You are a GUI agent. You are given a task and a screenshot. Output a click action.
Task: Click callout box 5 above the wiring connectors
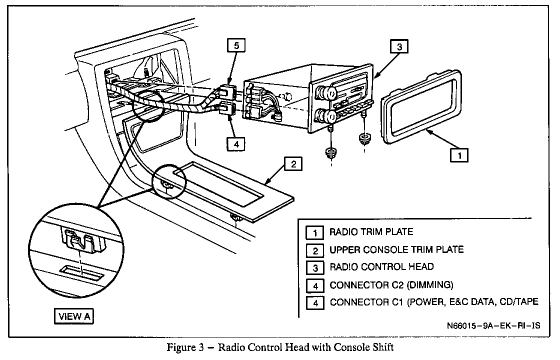point(236,45)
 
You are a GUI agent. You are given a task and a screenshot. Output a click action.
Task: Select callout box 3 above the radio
point(399,47)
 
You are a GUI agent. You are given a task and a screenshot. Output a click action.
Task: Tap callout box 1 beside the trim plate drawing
point(459,155)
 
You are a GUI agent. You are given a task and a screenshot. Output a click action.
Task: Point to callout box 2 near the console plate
point(293,164)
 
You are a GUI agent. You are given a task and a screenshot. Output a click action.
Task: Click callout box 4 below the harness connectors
point(236,144)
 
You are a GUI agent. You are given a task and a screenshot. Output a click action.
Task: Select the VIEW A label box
point(74,316)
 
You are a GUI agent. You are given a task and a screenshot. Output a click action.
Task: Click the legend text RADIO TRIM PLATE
point(371,232)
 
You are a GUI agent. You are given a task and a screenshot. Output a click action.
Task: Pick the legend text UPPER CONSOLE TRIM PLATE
point(396,249)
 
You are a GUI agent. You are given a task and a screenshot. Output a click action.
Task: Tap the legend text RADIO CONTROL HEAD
point(381,267)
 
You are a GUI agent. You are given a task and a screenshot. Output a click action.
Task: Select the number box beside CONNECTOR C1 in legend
point(315,303)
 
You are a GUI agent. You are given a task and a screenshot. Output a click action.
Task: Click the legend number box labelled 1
point(315,233)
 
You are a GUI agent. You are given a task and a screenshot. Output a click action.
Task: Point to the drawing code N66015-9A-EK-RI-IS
point(493,325)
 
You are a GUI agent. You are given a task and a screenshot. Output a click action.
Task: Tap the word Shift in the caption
point(382,347)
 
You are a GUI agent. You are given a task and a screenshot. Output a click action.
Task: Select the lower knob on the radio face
point(330,116)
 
